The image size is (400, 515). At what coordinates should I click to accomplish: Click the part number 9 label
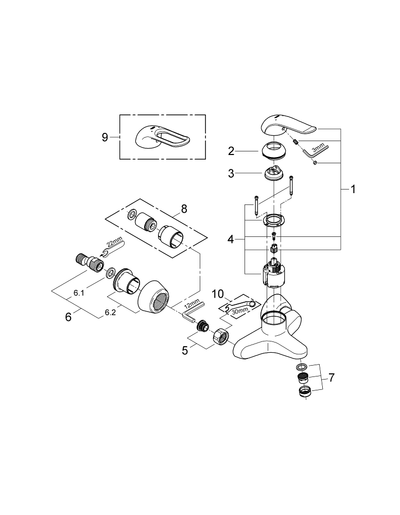(105, 137)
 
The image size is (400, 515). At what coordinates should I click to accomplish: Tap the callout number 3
(231, 174)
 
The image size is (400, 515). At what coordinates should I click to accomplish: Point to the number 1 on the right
(353, 190)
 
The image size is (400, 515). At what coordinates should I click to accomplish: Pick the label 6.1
(79, 293)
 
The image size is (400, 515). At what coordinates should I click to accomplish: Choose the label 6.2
(110, 312)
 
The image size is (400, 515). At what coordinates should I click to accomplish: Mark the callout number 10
(218, 294)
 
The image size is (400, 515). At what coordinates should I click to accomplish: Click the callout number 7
(332, 377)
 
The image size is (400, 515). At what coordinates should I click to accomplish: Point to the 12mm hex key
(191, 312)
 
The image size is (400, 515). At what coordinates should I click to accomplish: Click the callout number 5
(185, 351)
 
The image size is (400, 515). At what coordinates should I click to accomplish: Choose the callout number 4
(231, 239)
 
